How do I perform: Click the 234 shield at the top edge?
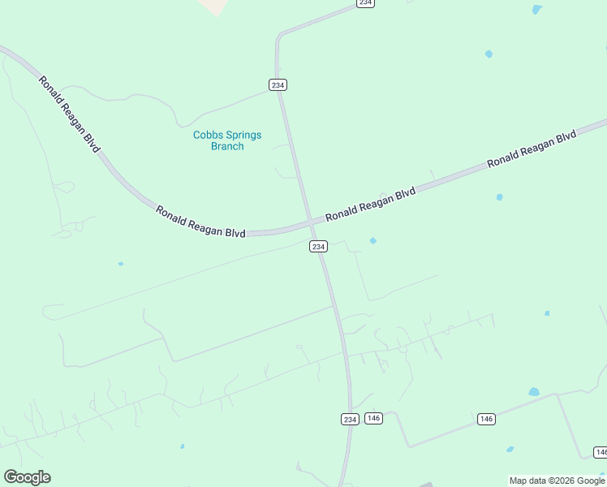[365, 3]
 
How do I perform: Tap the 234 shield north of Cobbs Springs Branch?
[278, 84]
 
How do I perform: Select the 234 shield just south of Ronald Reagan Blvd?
[318, 246]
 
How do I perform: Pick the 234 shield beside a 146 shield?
[349, 419]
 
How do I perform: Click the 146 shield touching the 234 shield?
[373, 418]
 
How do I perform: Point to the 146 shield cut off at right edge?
[601, 452]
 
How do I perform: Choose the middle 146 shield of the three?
[486, 419]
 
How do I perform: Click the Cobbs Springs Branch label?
[227, 140]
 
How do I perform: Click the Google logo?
[27, 477]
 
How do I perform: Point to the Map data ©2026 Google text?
[557, 481]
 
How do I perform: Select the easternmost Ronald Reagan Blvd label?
[532, 148]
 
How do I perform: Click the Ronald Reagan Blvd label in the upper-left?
[69, 114]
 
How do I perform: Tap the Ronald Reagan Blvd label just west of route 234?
[200, 221]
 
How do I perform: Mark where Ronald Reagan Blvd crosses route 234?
[311, 222]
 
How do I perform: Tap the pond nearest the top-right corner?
[536, 10]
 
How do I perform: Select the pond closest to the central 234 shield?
[373, 240]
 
